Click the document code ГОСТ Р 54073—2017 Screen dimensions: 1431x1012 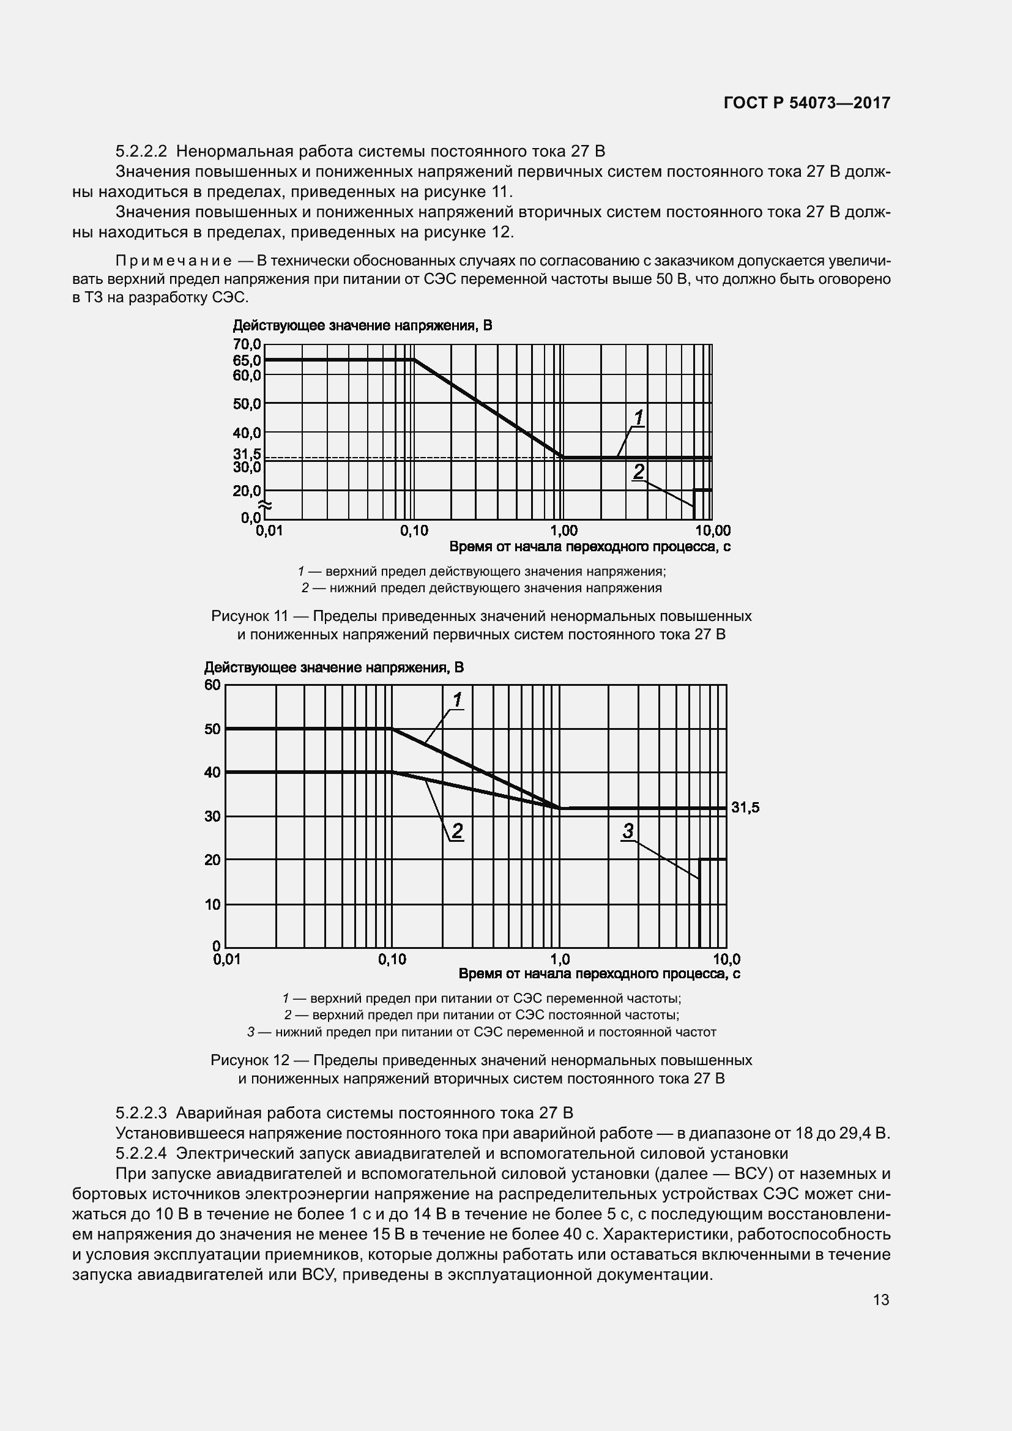[807, 103]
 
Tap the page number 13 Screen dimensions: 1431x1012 [881, 1299]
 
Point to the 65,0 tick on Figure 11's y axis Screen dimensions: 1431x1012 [247, 360]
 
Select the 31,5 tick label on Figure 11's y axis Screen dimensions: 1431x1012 [247, 455]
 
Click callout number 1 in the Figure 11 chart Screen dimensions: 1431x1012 [639, 417]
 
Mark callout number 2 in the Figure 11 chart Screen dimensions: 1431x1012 [639, 472]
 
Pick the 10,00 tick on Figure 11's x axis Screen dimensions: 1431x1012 [713, 530]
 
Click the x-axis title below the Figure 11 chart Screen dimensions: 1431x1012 [589, 546]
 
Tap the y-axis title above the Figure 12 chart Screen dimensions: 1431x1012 [334, 667]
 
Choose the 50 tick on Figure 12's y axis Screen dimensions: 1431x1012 [212, 729]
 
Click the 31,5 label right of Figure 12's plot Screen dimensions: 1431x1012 [745, 808]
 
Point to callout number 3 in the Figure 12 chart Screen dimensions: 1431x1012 [628, 831]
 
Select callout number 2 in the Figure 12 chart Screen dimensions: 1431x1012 [457, 831]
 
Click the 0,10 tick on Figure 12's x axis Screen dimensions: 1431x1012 [392, 959]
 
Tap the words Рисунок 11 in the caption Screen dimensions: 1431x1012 [249, 617]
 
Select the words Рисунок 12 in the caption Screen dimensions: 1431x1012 [249, 1060]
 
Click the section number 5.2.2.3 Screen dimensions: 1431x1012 [141, 1112]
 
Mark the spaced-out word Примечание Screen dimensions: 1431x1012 [174, 261]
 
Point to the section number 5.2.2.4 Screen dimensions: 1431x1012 [141, 1153]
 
